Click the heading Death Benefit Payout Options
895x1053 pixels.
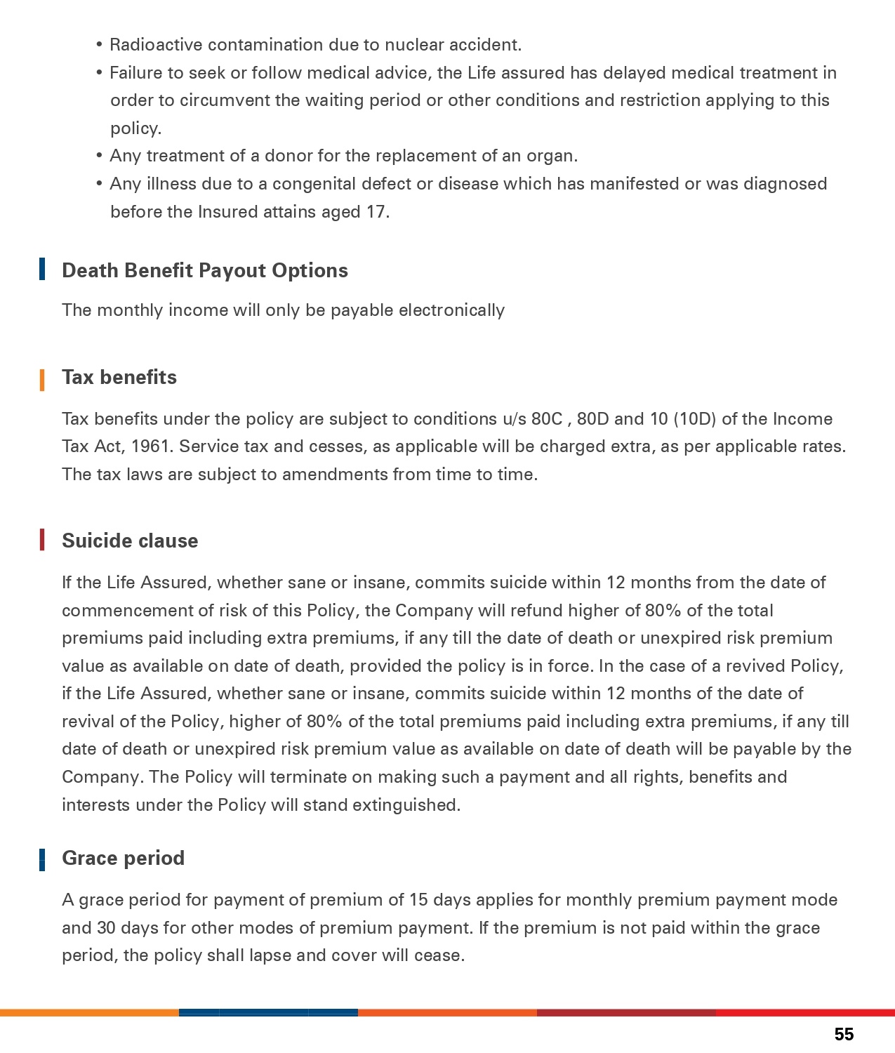(204, 271)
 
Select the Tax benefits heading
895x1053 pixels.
(119, 378)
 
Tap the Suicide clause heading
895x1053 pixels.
(130, 541)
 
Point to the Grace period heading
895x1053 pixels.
(123, 859)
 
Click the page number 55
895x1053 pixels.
(844, 1034)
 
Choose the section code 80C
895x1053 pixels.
(547, 419)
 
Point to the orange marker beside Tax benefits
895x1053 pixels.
(43, 380)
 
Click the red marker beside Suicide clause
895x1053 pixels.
(43, 540)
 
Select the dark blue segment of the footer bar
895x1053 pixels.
(268, 1012)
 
